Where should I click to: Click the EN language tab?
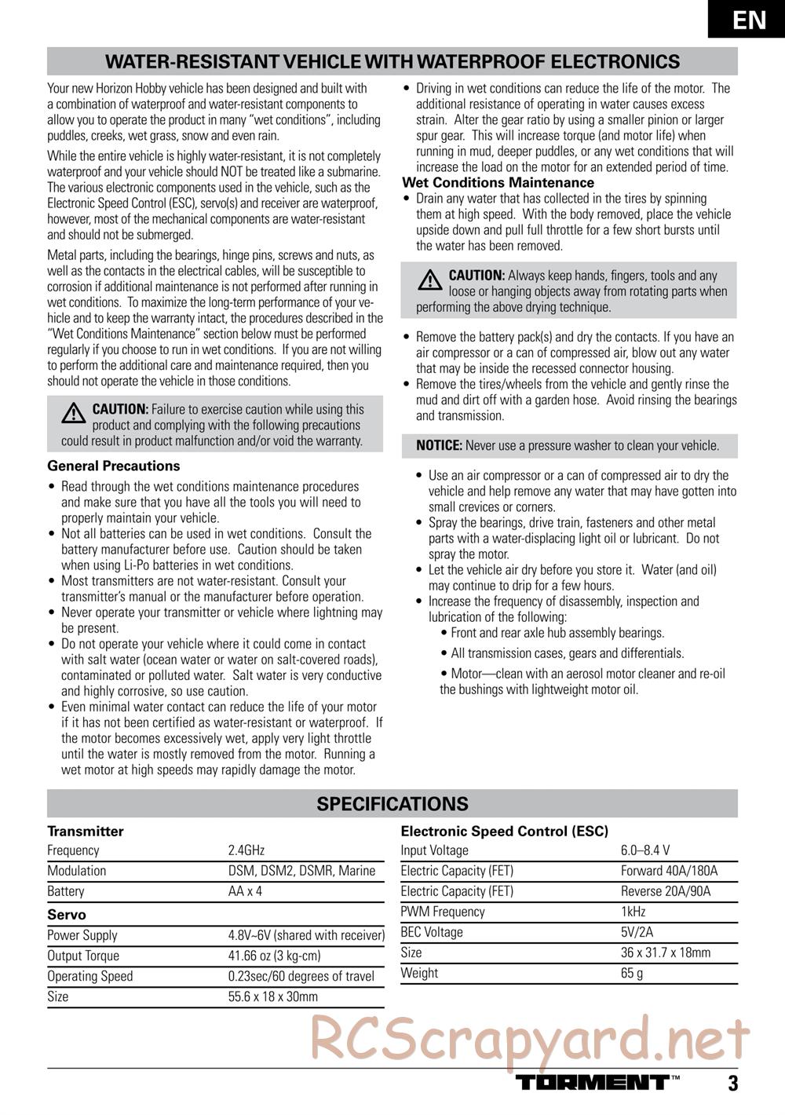click(750, 19)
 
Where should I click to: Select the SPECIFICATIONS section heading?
click(392, 804)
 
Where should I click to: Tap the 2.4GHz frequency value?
click(246, 850)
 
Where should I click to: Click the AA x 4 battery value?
click(245, 891)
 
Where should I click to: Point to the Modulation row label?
click(77, 871)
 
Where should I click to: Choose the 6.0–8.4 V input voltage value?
click(645, 850)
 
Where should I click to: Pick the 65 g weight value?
click(632, 973)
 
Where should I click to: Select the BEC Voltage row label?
click(432, 932)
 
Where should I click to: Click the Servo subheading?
click(67, 915)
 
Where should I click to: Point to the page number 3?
click(732, 1084)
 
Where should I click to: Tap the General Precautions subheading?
click(114, 466)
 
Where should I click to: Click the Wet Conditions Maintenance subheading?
click(498, 183)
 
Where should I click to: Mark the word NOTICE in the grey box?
click(439, 446)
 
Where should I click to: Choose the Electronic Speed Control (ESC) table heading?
click(504, 831)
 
